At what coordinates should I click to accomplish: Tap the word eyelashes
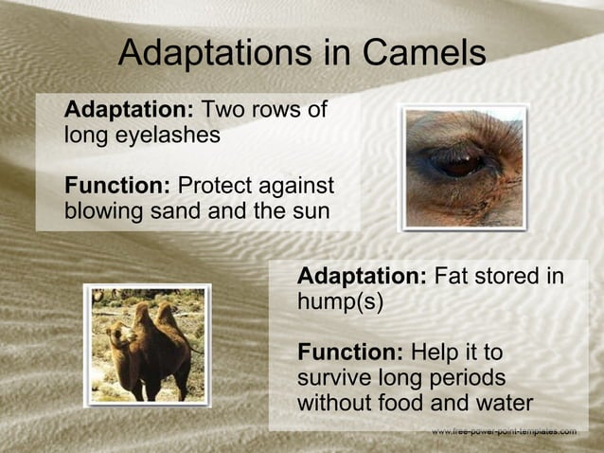[165, 135]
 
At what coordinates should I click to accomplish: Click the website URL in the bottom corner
[503, 432]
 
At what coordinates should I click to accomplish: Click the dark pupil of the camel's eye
[461, 166]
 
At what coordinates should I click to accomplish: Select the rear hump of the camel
[168, 314]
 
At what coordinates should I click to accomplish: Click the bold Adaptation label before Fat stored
[362, 277]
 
